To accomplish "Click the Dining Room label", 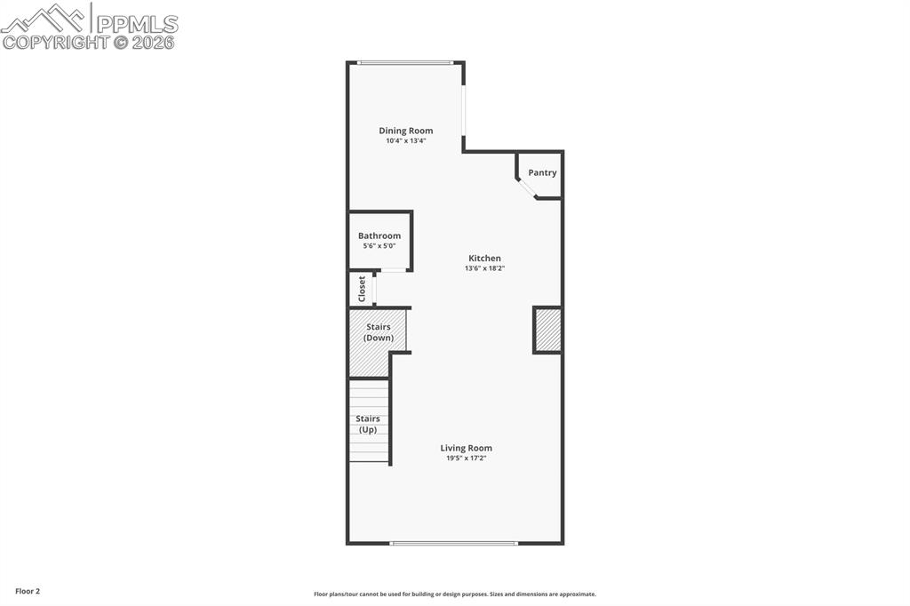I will pyautogui.click(x=406, y=131).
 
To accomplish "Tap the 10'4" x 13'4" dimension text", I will pyautogui.click(x=406, y=140).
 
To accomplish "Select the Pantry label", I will pyautogui.click(x=542, y=172).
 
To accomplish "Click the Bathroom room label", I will pyautogui.click(x=379, y=235).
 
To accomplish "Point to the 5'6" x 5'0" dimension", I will pyautogui.click(x=379, y=245).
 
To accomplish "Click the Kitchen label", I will pyautogui.click(x=485, y=259).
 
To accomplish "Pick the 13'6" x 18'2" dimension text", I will pyautogui.click(x=485, y=268).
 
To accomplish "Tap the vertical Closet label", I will pyautogui.click(x=362, y=289).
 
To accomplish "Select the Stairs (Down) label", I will pyautogui.click(x=379, y=332).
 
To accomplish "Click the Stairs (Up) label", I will pyautogui.click(x=368, y=424).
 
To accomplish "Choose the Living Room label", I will pyautogui.click(x=467, y=448).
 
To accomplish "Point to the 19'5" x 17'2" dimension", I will pyautogui.click(x=467, y=458).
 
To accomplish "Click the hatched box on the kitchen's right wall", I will pyautogui.click(x=547, y=330).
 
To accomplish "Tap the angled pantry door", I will pyautogui.click(x=527, y=187).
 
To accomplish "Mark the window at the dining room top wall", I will pyautogui.click(x=405, y=62).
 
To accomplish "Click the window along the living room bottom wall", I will pyautogui.click(x=454, y=543).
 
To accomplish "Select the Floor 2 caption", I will pyautogui.click(x=28, y=591).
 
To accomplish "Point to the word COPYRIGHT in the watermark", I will pyautogui.click(x=55, y=42).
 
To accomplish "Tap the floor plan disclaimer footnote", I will pyautogui.click(x=454, y=594).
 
